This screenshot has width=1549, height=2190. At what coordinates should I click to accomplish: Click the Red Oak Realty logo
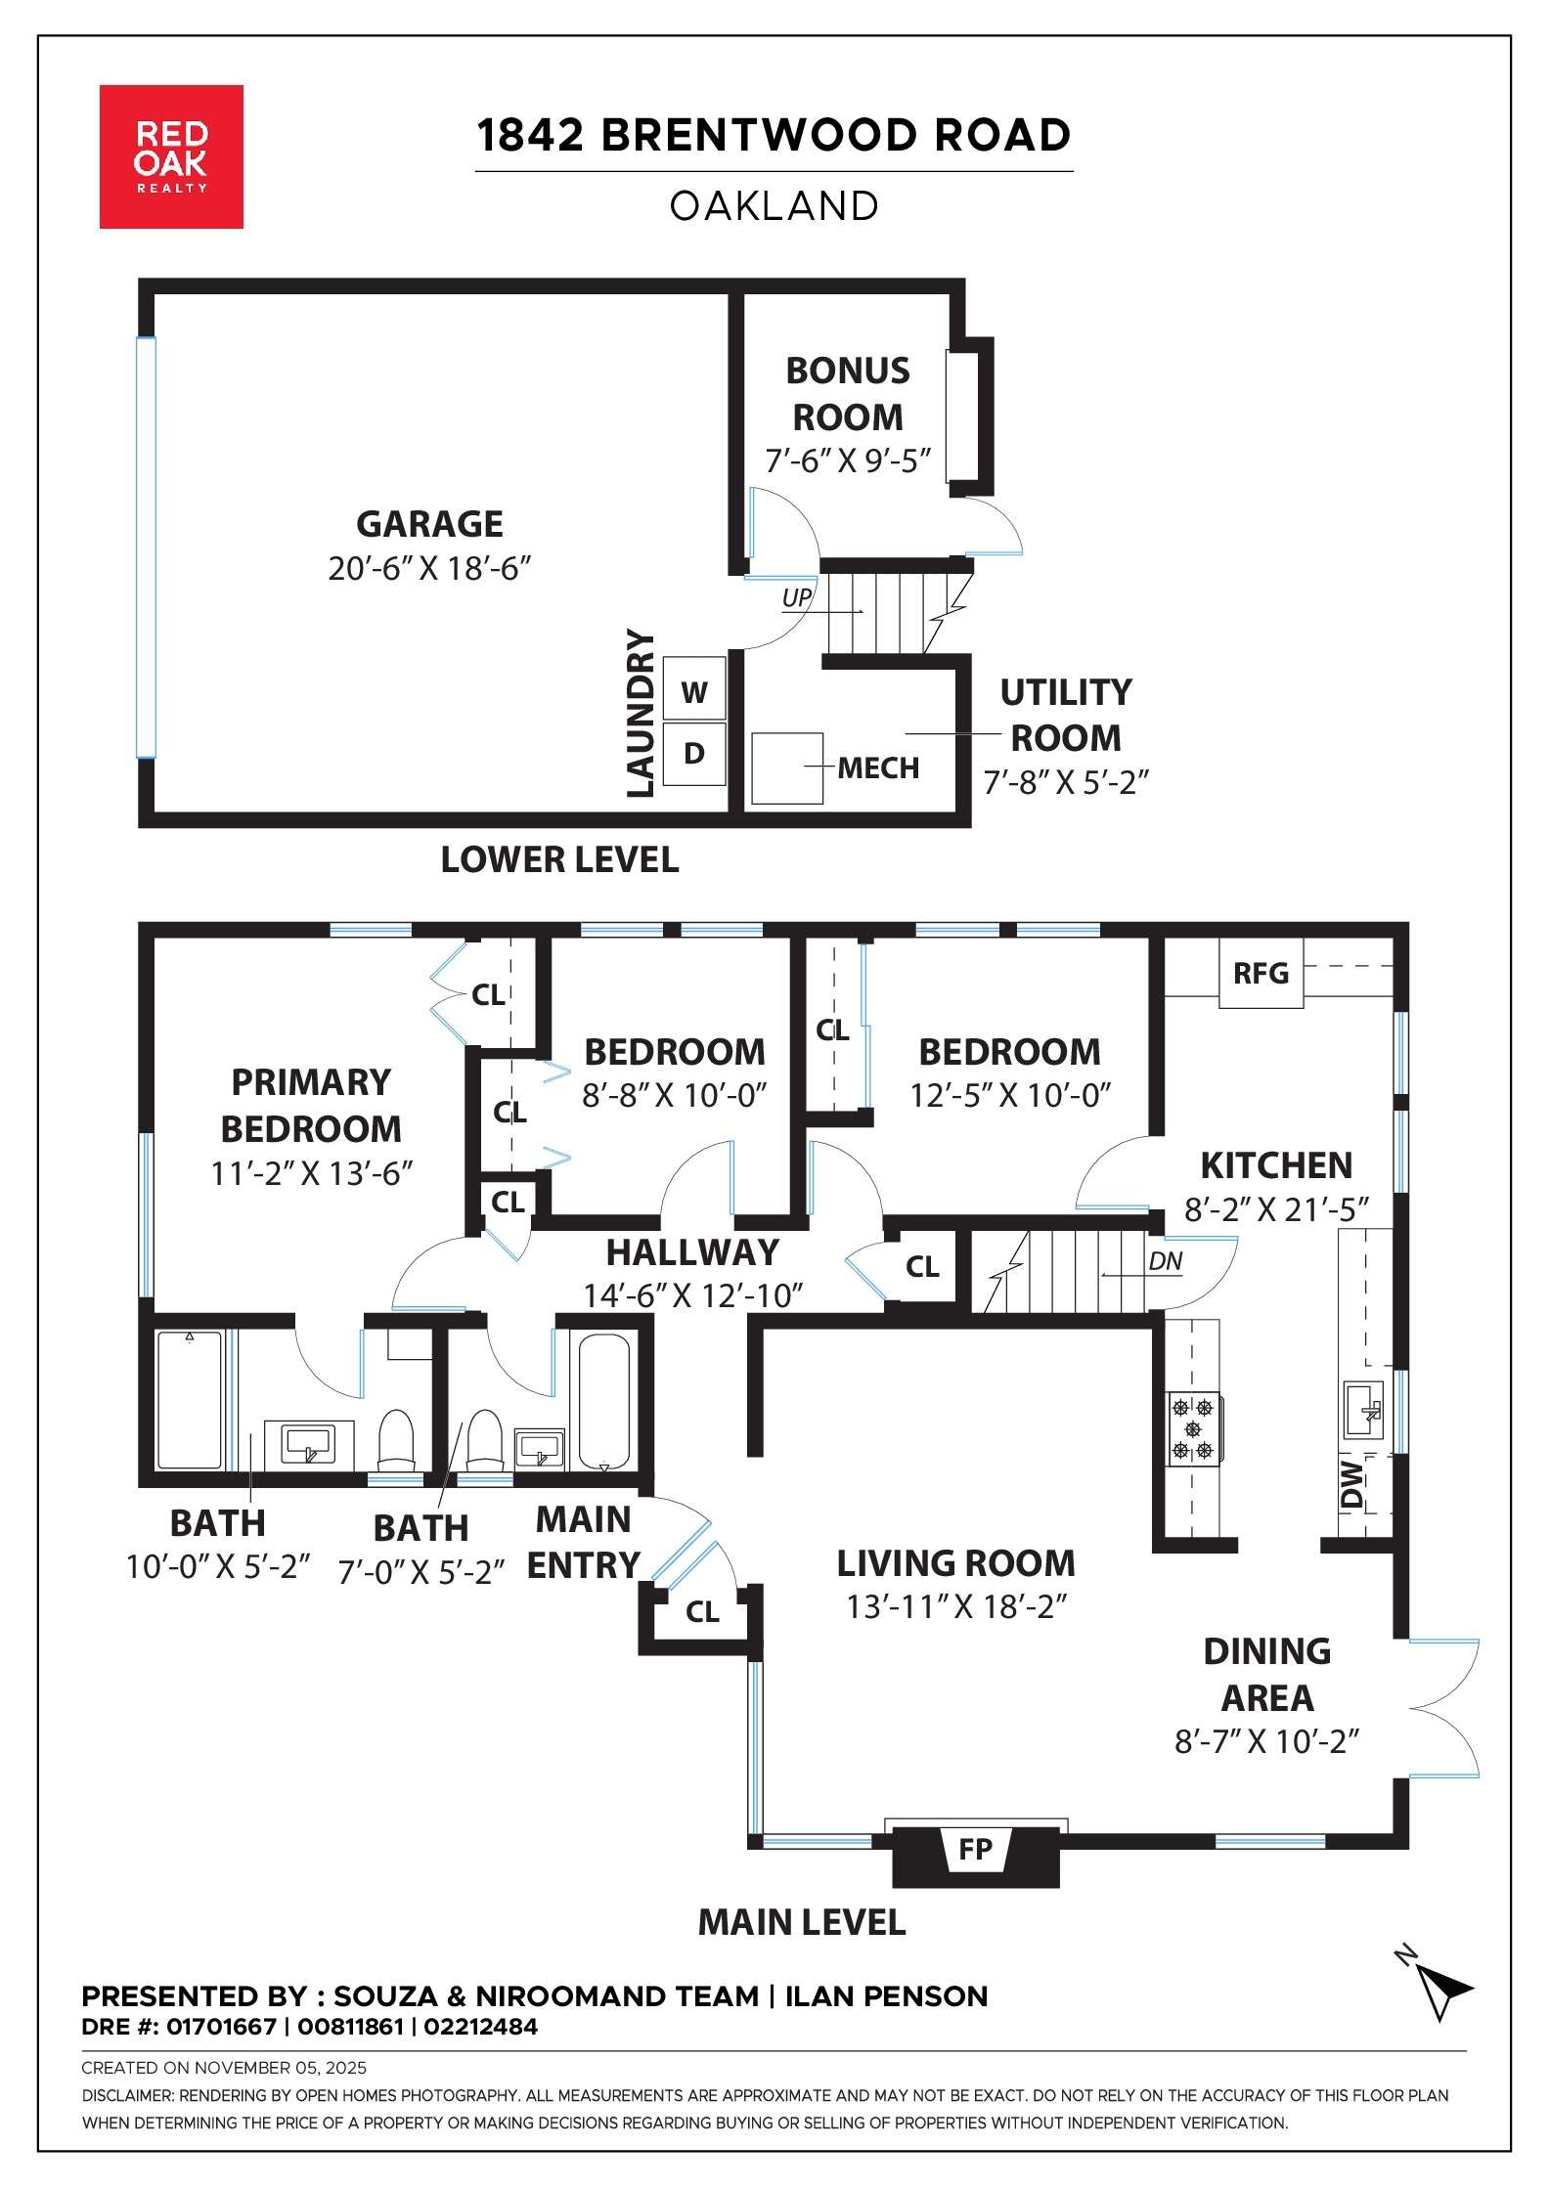coord(171,156)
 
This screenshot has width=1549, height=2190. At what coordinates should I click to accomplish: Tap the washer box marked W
coord(694,692)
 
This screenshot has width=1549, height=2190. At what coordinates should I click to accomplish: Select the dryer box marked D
coord(694,754)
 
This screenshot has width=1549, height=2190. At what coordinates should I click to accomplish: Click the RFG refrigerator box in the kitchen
coord(1261,973)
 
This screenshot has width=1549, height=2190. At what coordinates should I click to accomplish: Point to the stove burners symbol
coord(1193,1429)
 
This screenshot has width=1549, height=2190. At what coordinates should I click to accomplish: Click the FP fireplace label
coord(975,1849)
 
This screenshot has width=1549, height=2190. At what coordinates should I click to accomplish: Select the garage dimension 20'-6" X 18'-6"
coord(429,568)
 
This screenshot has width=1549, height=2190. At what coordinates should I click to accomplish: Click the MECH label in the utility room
coord(878,768)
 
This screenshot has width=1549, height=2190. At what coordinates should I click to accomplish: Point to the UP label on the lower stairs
coord(797,597)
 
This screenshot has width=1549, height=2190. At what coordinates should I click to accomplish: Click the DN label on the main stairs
coord(1166,1261)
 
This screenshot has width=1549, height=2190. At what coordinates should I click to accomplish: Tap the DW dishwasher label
coord(1352,1483)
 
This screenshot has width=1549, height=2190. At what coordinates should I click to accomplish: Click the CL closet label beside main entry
coord(702,1612)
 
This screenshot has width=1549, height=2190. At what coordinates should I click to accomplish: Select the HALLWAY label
coord(692,1252)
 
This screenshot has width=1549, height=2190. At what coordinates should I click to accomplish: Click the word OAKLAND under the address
coord(774,206)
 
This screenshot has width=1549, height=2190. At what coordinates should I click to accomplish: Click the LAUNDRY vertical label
coord(641,713)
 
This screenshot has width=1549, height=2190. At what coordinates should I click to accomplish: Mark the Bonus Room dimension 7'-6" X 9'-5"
coord(848,460)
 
